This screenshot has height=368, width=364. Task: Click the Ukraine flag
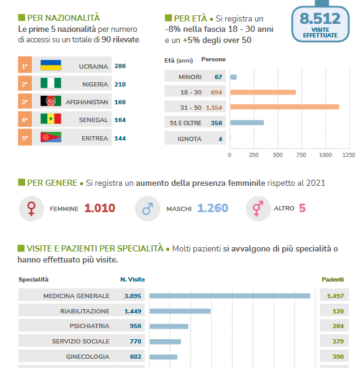51,65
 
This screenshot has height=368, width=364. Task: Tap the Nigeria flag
51,83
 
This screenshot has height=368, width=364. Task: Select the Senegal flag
51,118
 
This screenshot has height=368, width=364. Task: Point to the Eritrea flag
51,137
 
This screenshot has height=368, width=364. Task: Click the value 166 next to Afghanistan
120,102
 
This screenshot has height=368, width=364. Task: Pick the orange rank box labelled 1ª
25,65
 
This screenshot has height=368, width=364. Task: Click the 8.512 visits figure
320,18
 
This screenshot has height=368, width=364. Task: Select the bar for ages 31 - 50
285,107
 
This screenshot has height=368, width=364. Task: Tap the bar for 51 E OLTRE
247,123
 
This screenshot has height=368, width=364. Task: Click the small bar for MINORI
233,77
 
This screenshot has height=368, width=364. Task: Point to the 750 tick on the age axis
301,155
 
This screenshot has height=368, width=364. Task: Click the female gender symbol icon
31,209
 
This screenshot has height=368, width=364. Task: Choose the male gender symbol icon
148,209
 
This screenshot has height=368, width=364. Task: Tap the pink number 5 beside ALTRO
302,208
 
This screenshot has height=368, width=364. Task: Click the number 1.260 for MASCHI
213,208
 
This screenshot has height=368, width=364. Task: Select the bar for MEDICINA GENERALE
230,296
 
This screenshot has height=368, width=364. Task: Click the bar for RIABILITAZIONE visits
180,311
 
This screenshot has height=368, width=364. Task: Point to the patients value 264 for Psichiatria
338,326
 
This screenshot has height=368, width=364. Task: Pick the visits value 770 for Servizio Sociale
136,341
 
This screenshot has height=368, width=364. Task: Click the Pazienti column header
333,279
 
